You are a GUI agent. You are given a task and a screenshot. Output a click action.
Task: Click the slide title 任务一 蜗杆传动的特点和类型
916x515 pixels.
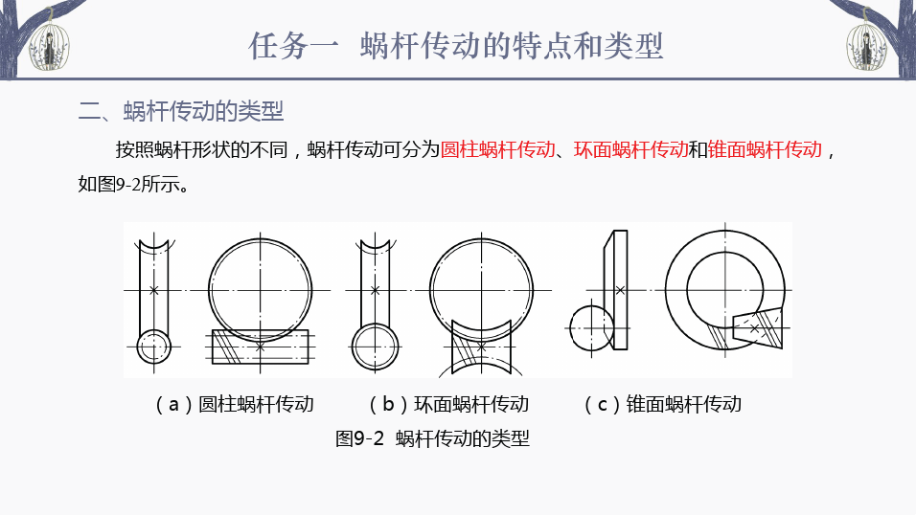[x=456, y=46]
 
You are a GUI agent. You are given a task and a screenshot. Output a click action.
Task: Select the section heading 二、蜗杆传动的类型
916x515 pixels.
[x=181, y=111]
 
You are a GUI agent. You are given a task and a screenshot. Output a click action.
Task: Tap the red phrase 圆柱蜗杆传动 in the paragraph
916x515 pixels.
[x=497, y=150]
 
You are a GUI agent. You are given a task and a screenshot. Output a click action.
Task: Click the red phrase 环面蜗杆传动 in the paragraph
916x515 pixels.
[x=630, y=150]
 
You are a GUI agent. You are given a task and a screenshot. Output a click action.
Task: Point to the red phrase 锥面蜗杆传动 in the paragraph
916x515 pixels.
[x=765, y=150]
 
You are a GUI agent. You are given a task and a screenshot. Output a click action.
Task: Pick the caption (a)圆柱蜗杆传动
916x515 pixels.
[x=234, y=404]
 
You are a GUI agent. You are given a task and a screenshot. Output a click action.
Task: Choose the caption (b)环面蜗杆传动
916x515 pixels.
[x=448, y=404]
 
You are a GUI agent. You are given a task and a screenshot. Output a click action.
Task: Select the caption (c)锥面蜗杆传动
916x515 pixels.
[x=662, y=404]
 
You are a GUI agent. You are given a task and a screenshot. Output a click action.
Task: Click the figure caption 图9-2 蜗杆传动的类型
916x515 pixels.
[x=432, y=437]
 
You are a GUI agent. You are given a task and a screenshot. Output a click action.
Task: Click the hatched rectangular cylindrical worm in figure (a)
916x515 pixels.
[x=260, y=347]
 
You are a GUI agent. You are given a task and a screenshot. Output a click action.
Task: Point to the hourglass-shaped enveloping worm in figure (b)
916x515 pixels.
[x=481, y=348]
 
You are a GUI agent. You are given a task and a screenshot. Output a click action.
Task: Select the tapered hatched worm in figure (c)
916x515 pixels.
[x=757, y=327]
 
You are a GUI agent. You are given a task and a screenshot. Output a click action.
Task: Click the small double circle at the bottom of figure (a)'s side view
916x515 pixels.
[x=153, y=347]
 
